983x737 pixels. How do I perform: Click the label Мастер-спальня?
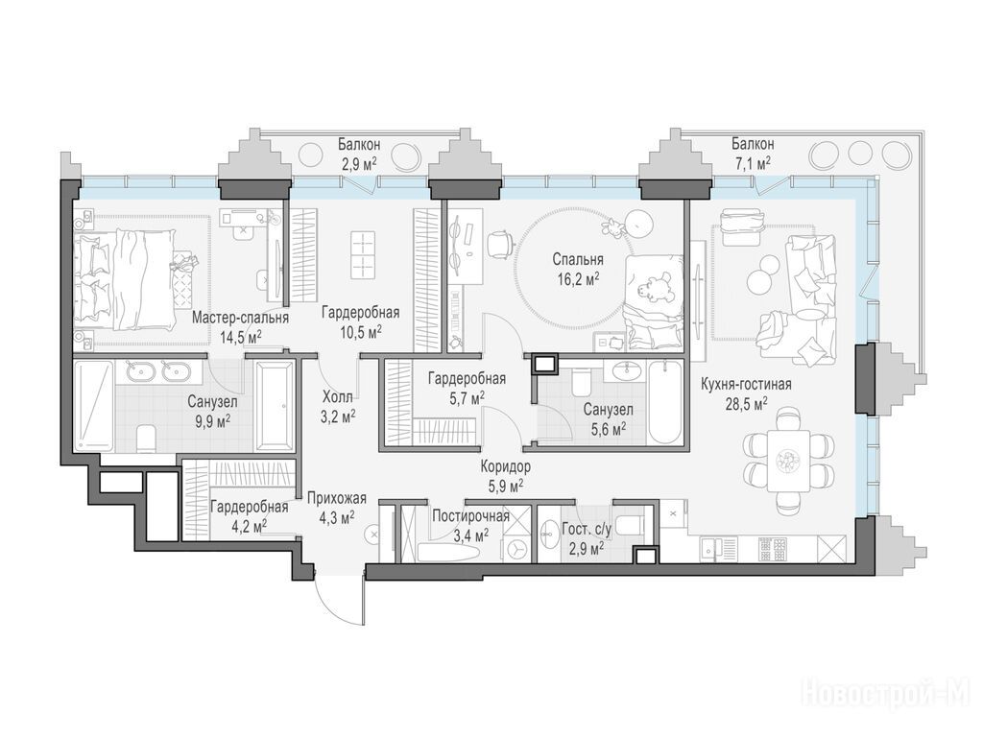tap(240, 318)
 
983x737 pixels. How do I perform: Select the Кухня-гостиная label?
tap(746, 384)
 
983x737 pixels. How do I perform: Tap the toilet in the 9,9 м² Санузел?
tap(146, 438)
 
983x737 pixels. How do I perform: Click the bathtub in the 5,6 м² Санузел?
tap(664, 402)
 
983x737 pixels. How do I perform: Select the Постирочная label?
tap(470, 516)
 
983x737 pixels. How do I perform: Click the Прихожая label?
tap(337, 499)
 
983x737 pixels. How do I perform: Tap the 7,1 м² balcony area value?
tap(753, 163)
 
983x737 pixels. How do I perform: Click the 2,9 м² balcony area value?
tap(358, 164)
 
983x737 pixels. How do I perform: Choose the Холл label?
tap(337, 396)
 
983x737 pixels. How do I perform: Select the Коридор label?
tap(506, 467)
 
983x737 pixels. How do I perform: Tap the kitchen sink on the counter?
tap(710, 549)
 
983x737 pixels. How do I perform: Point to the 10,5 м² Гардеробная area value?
tap(361, 331)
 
